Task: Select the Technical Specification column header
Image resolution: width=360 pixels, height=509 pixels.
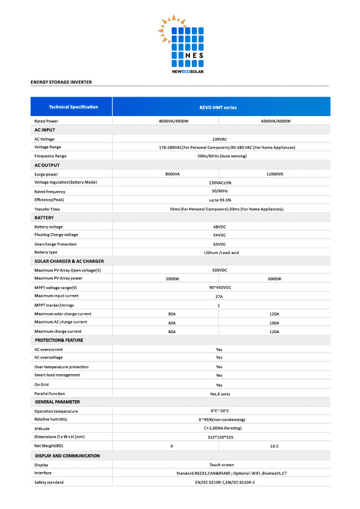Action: (73, 107)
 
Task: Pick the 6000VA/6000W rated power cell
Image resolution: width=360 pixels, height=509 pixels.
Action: (276, 122)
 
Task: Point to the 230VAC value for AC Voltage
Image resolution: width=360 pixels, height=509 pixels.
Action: (219, 139)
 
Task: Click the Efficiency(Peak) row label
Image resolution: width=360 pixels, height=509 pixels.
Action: (52, 199)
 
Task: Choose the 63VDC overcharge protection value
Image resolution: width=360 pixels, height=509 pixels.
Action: (219, 244)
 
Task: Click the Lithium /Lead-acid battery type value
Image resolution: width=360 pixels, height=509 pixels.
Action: (219, 252)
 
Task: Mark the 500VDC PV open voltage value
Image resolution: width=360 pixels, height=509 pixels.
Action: (219, 270)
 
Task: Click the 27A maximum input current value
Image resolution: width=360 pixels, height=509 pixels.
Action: (219, 296)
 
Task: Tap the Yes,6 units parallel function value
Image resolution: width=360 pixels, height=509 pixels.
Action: (219, 393)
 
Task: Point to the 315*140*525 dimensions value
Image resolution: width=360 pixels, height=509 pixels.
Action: (219, 436)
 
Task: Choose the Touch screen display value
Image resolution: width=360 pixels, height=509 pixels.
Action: (219, 465)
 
